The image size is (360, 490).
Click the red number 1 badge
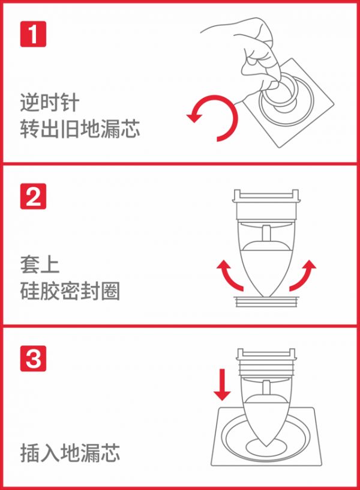click(x=33, y=34)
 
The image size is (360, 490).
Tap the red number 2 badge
click(x=33, y=196)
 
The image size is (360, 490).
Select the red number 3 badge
click(x=33, y=358)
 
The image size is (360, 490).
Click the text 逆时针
click(x=50, y=103)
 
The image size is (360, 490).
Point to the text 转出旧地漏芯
click(x=80, y=129)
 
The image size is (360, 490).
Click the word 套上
click(x=40, y=265)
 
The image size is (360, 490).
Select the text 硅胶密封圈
click(x=70, y=291)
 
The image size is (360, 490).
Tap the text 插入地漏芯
click(x=70, y=453)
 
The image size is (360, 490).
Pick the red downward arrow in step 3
click(x=222, y=384)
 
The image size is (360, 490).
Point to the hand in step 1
click(x=253, y=53)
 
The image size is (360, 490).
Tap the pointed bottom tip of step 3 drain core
click(x=266, y=446)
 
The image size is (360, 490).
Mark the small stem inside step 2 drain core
click(x=266, y=234)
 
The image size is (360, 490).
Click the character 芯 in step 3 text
click(x=110, y=453)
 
